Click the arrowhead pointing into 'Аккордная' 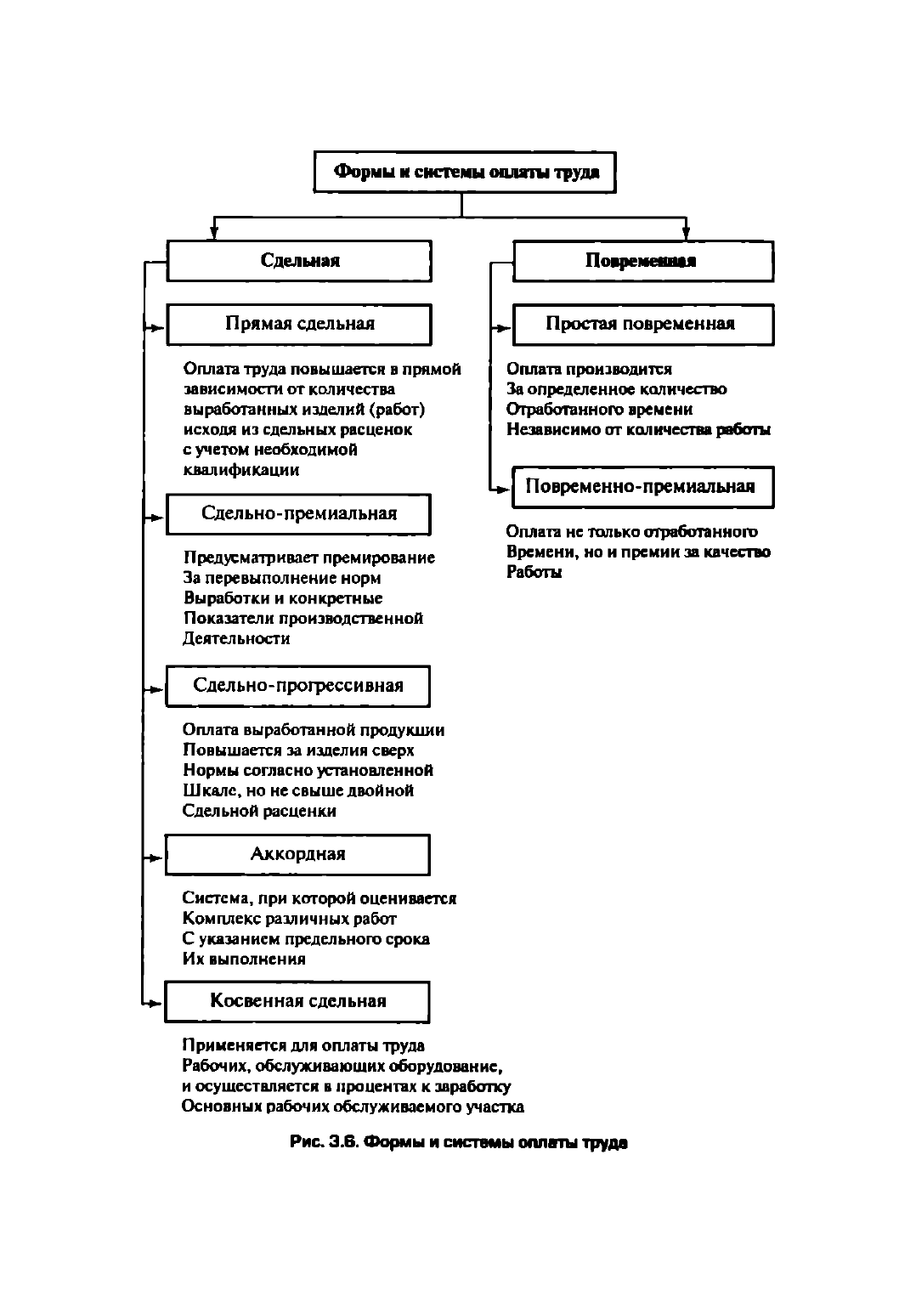(157, 858)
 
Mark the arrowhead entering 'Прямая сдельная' (159, 328)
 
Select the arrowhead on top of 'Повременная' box (687, 234)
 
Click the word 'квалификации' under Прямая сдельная (241, 470)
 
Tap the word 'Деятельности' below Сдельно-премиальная (236, 638)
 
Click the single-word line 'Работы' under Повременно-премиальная (534, 572)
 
